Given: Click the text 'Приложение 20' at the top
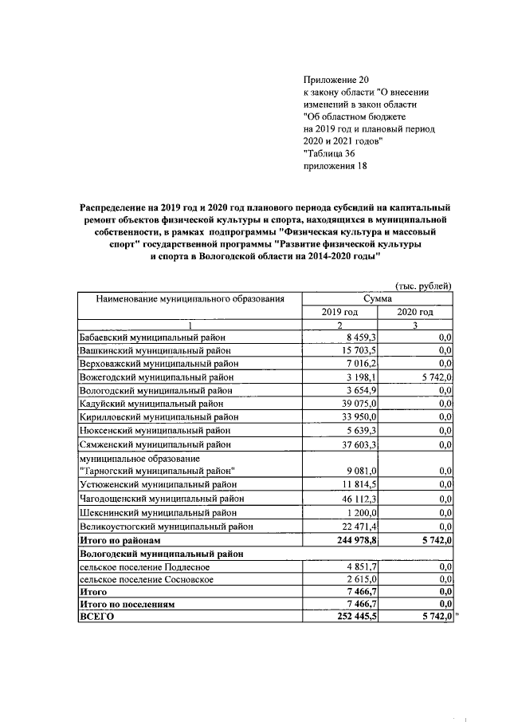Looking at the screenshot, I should [337, 81].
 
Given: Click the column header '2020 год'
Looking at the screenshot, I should [415, 312].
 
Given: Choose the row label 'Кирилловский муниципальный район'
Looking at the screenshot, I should [158, 417].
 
